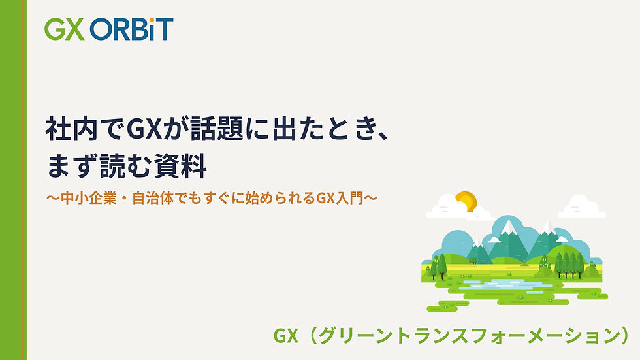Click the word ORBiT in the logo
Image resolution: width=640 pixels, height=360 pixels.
pos(132,29)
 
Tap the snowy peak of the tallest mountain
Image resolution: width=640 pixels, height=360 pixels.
pos(507,227)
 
